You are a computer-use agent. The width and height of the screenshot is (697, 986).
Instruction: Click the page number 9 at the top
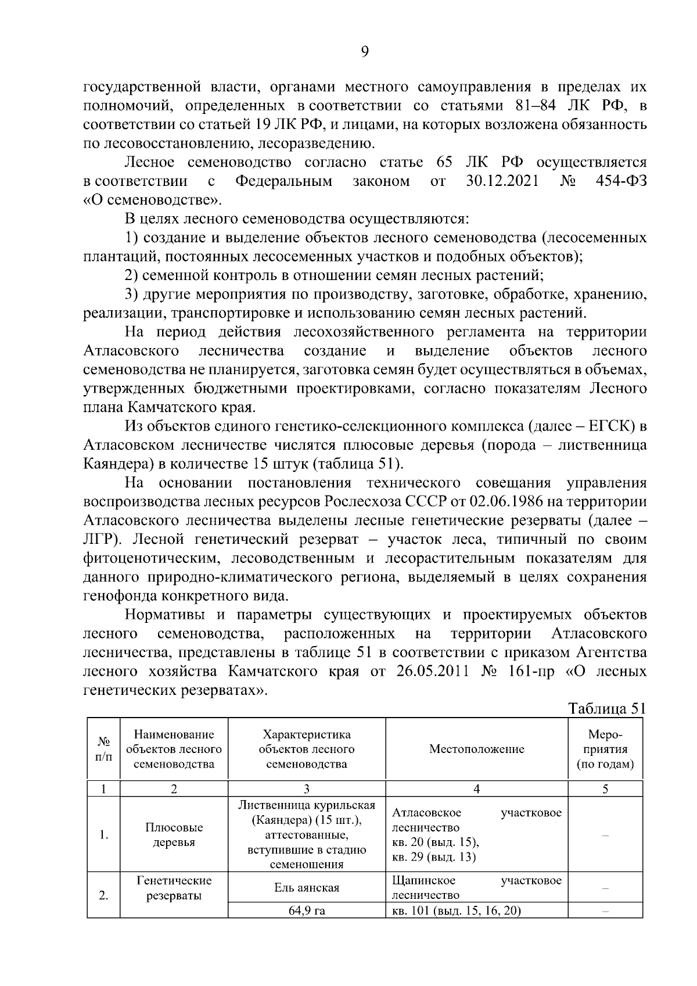tap(365, 52)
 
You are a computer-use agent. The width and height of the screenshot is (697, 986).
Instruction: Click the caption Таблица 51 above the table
tap(606, 708)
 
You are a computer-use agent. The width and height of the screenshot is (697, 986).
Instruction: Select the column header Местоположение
tap(476, 749)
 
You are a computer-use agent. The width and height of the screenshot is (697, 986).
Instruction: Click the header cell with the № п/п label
tap(104, 749)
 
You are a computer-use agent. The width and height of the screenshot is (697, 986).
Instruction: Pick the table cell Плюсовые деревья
tap(174, 835)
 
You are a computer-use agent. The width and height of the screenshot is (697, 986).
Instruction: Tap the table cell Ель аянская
tap(307, 888)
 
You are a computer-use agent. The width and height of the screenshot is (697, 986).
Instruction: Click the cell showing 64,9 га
tap(307, 910)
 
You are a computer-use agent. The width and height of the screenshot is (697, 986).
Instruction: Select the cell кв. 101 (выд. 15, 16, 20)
tap(456, 910)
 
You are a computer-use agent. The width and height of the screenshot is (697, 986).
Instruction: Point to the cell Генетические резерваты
tap(174, 888)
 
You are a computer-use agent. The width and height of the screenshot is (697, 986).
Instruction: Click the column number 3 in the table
tap(307, 788)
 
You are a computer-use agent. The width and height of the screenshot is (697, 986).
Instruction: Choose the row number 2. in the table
tap(104, 895)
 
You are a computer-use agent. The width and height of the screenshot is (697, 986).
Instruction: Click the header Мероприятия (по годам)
tap(605, 749)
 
